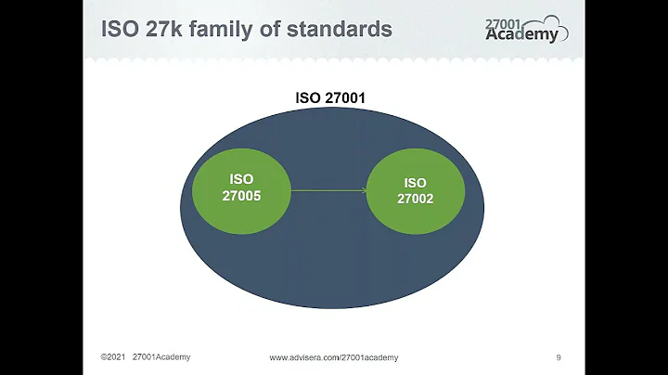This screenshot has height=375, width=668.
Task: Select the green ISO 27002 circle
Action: point(415,193)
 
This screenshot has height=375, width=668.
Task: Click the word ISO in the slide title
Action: point(121,29)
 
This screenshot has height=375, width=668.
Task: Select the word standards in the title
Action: point(339,29)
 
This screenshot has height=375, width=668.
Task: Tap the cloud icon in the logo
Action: point(553,26)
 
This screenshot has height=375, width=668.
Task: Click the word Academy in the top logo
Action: point(523,36)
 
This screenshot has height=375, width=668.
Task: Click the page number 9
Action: point(558,357)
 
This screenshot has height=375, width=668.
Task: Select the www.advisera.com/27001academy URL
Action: point(334,357)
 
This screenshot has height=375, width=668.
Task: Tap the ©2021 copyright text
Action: point(112,357)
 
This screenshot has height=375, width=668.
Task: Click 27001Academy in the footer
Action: point(161,357)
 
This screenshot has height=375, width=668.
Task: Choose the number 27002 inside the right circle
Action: point(415,200)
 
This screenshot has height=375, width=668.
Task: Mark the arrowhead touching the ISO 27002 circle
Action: point(363,191)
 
